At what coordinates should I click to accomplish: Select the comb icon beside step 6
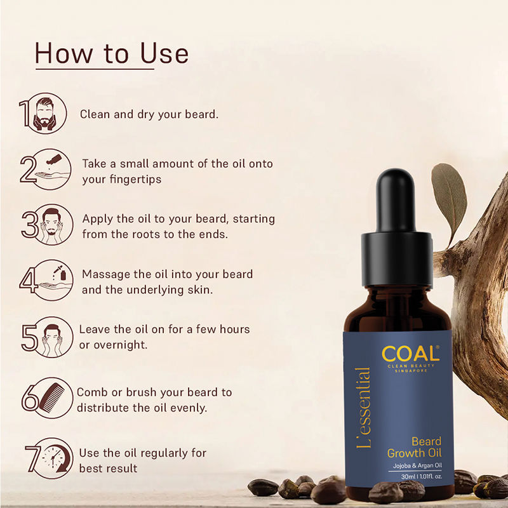click(x=52, y=398)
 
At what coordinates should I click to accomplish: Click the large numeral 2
click(x=28, y=170)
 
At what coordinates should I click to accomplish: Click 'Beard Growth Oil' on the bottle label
click(x=415, y=447)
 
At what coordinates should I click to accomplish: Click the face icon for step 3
click(x=51, y=225)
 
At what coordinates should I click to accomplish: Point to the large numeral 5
click(x=29, y=337)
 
